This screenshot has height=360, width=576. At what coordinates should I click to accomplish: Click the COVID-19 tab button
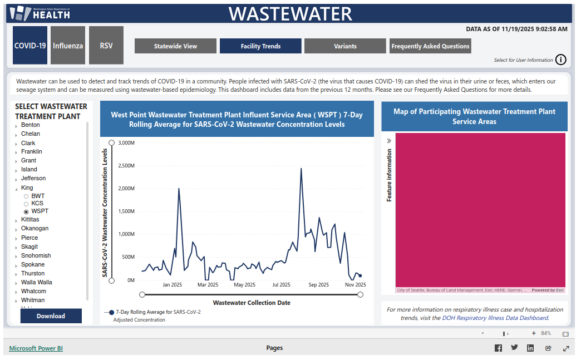[x=30, y=45]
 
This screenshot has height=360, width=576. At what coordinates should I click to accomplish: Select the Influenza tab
[x=68, y=45]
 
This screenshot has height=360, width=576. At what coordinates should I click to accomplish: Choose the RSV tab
[x=106, y=45]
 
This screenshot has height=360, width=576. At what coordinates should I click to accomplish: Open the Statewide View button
[x=175, y=46]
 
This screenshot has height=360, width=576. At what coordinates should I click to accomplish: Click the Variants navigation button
[x=345, y=46]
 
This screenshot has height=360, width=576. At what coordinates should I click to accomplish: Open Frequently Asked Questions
[x=430, y=46]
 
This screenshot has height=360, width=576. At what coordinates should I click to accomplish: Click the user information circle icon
[x=561, y=60]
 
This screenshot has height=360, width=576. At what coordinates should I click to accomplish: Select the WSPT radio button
[x=26, y=211]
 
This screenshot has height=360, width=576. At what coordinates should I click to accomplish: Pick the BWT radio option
[x=26, y=196]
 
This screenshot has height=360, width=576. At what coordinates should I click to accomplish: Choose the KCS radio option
[x=26, y=204]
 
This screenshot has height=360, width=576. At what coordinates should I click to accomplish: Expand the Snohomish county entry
[x=16, y=256]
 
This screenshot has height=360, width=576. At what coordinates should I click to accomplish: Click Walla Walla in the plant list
[x=37, y=282]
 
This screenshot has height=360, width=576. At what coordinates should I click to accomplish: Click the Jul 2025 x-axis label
[x=281, y=284]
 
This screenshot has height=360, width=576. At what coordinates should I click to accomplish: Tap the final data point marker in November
[x=360, y=275]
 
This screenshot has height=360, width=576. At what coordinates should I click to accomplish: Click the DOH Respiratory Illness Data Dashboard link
[x=495, y=318]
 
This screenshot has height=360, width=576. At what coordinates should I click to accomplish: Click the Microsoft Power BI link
[x=36, y=348]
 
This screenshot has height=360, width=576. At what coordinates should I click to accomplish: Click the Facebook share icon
[x=498, y=348]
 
